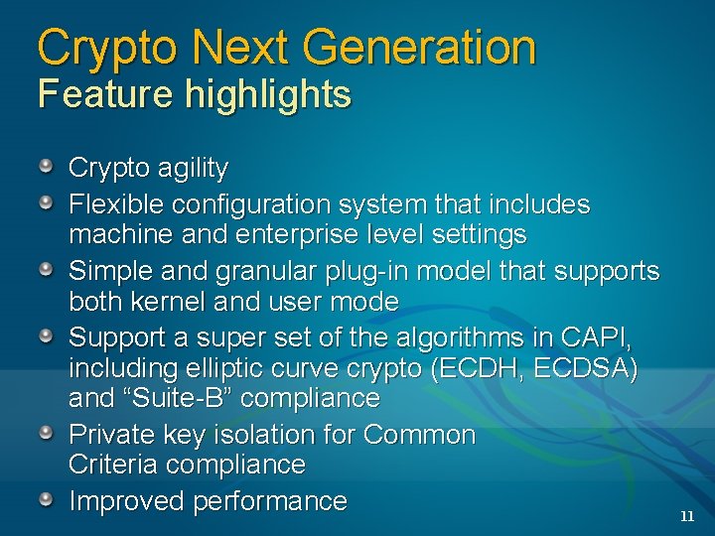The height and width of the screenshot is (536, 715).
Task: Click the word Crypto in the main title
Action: (x=101, y=48)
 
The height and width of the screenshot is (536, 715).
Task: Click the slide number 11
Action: (x=687, y=516)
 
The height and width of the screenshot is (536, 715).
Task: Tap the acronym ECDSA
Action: (x=581, y=368)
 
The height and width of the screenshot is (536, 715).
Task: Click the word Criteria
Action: (x=112, y=465)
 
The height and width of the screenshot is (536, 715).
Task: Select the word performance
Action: (x=270, y=502)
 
